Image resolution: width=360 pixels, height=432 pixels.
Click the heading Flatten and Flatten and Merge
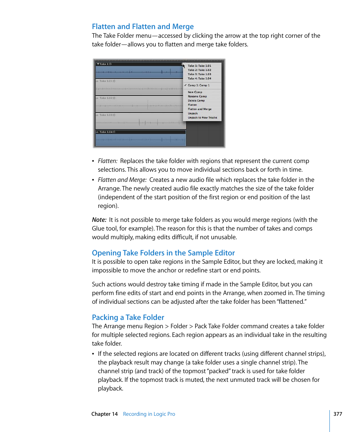tap(143, 26)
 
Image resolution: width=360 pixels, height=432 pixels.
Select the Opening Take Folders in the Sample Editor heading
tap(163, 253)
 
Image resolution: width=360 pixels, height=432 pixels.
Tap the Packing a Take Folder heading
tap(128, 317)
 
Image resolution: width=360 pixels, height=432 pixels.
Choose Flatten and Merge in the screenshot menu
tap(200, 109)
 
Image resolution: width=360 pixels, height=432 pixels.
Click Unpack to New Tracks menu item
tap(202, 118)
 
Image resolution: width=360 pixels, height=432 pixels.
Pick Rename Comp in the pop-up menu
tap(197, 96)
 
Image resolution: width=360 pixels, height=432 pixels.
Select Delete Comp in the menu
tap(196, 100)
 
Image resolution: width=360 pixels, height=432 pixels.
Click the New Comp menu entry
tap(195, 92)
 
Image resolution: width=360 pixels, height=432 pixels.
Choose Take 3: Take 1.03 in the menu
tap(199, 74)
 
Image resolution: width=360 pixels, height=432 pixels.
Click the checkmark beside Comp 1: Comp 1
tap(186, 85)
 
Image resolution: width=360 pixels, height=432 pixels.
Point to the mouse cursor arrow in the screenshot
tap(183, 65)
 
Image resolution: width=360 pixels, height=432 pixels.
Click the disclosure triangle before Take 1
tap(98, 64)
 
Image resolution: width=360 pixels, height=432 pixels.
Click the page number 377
tap(338, 414)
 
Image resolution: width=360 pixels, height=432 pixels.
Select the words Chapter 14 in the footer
tap(105, 414)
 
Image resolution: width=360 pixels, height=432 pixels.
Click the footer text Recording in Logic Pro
tap(149, 414)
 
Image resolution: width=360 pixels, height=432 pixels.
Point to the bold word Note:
tap(99, 220)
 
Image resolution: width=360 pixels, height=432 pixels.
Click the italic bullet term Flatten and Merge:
tap(122, 180)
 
